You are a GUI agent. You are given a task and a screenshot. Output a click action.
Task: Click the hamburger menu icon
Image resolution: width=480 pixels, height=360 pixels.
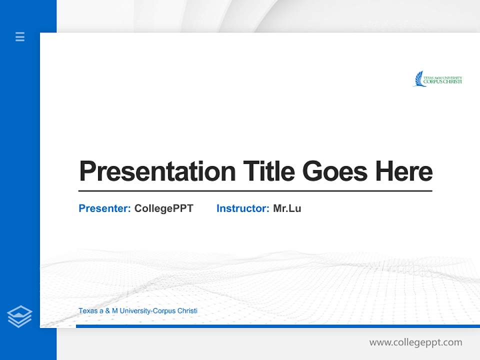pos(20,36)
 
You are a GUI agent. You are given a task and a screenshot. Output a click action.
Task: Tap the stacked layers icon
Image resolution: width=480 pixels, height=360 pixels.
pos(19,316)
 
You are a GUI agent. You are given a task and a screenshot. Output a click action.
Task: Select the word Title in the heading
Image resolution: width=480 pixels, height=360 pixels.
pos(269,171)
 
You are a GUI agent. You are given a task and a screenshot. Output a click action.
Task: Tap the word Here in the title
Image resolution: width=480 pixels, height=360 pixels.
pos(403,171)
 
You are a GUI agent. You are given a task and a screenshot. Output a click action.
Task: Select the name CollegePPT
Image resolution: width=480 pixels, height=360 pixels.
pos(163,208)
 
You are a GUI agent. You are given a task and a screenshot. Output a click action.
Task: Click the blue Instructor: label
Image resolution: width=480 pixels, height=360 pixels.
pos(243,208)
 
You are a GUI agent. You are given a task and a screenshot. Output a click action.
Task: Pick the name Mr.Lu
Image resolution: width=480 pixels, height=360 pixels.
pos(287,208)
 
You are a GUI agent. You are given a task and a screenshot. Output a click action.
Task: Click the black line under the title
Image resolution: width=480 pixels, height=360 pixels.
pos(255,190)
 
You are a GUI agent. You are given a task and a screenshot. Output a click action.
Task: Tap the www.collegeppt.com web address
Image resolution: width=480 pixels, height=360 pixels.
pos(415,342)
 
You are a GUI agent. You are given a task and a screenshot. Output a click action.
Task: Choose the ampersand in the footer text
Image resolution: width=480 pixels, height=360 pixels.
pos(106,311)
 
